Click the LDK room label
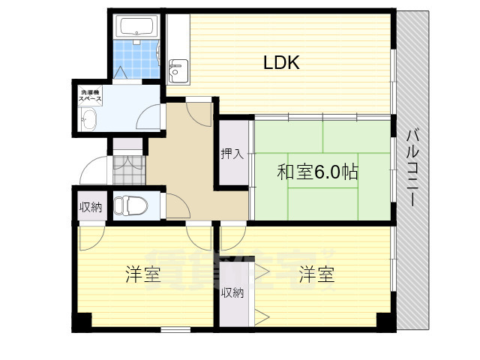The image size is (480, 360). point(281,63)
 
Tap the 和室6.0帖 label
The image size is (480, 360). point(316,172)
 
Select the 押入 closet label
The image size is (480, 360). point(232,154)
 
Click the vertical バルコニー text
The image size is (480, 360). point(412,169)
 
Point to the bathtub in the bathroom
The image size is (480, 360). point(136,28)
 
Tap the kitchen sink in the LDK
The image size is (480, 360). point(178,73)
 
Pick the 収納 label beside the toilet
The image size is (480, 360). point(91,206)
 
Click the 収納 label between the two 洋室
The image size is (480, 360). point(232,292)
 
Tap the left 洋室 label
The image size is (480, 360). point(142,274)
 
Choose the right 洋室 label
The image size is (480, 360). point(316,274)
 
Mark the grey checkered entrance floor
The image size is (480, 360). point(127,170)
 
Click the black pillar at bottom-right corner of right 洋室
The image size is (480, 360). point(385,321)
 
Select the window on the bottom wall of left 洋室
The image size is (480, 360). point(175,329)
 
